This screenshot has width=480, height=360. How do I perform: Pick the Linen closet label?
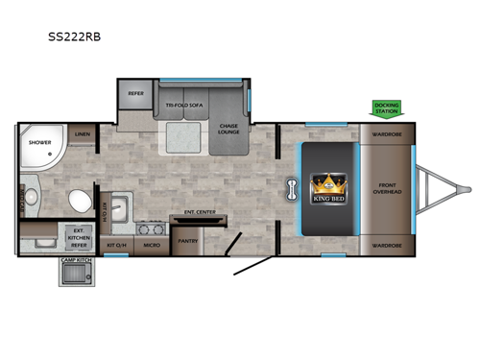pos(83,135)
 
